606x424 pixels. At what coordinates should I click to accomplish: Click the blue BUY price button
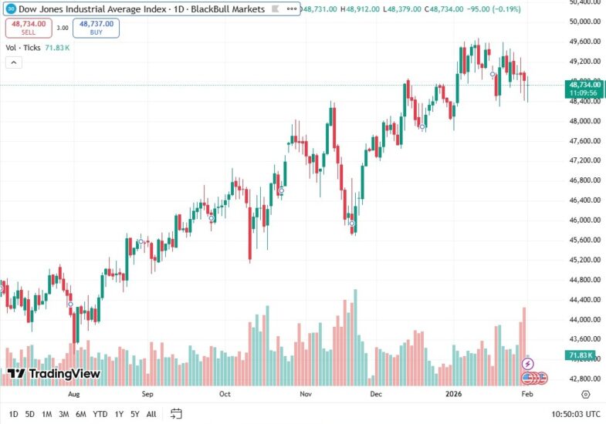pyautogui.click(x=96, y=28)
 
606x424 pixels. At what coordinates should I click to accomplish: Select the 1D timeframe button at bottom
pyautogui.click(x=14, y=414)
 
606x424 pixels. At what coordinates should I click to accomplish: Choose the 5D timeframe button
pyautogui.click(x=30, y=414)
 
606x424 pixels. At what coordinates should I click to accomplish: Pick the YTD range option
pyautogui.click(x=100, y=414)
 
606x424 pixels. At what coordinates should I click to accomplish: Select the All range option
pyautogui.click(x=151, y=414)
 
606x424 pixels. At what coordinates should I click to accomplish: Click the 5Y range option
pyautogui.click(x=135, y=414)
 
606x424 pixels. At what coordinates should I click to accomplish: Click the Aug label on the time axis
pyautogui.click(x=73, y=394)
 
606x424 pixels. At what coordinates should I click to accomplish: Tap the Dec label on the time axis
pyautogui.click(x=376, y=394)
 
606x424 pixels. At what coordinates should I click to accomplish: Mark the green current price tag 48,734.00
pyautogui.click(x=584, y=86)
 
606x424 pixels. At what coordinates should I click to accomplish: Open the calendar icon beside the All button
pyautogui.click(x=176, y=414)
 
